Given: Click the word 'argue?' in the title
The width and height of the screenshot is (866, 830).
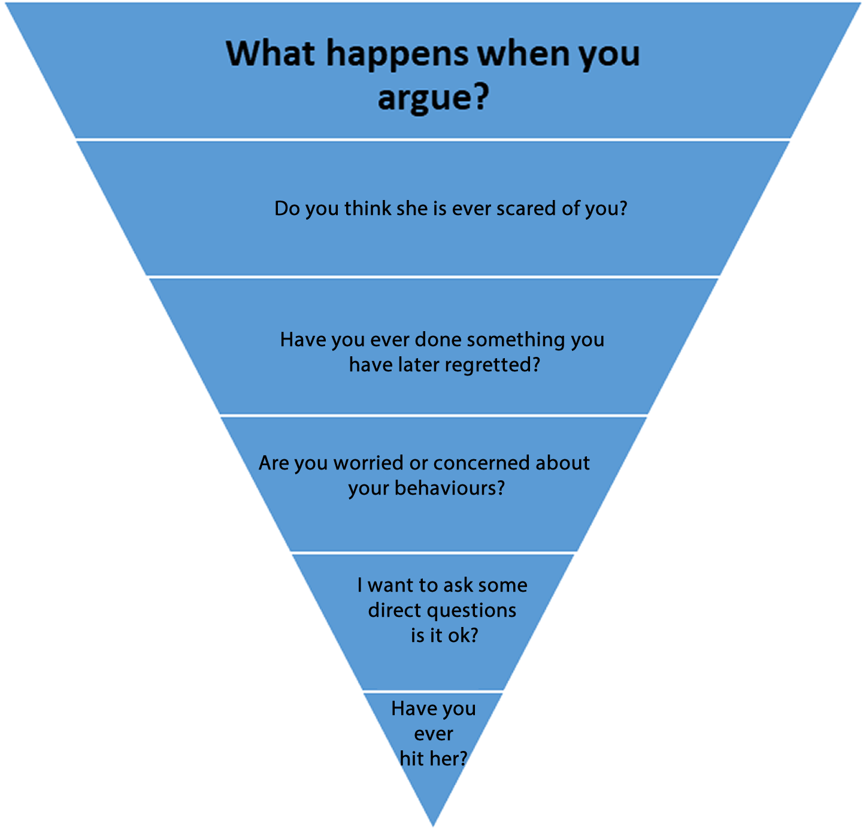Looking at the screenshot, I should pos(433,97).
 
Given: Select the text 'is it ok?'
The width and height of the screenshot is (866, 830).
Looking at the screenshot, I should pos(444,635).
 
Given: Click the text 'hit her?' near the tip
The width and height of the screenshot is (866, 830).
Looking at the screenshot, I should pos(433,759).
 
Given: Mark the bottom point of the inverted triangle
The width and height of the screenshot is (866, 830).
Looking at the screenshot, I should pos(433,825).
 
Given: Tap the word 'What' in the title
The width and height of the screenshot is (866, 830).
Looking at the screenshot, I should pos(271,54).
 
